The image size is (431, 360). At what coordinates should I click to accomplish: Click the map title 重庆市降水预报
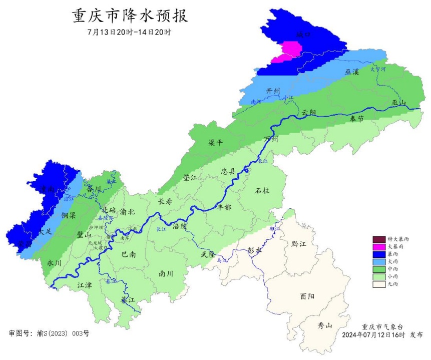(130, 16)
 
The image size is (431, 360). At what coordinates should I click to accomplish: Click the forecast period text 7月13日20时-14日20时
(129, 33)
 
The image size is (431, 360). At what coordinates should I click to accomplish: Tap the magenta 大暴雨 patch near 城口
(288, 52)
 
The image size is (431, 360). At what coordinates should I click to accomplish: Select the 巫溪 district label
(352, 72)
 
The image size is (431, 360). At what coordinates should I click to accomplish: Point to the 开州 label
(273, 91)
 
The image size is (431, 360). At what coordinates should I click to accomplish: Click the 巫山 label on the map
(399, 103)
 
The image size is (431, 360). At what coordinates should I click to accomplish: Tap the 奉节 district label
(357, 119)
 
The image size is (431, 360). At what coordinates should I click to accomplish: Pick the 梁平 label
(215, 143)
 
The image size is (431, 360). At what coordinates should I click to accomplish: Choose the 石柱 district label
(262, 190)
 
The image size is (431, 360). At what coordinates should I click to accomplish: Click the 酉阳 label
(307, 296)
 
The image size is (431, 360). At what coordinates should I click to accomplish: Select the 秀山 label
(325, 325)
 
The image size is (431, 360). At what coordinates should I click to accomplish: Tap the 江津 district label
(85, 285)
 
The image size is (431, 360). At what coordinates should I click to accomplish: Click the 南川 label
(166, 273)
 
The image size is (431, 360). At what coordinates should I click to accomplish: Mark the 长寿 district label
(165, 201)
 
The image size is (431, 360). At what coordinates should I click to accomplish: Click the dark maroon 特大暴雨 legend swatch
(379, 239)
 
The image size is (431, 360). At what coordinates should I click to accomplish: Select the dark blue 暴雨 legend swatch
(379, 254)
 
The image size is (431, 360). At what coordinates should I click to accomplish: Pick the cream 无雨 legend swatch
(379, 284)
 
